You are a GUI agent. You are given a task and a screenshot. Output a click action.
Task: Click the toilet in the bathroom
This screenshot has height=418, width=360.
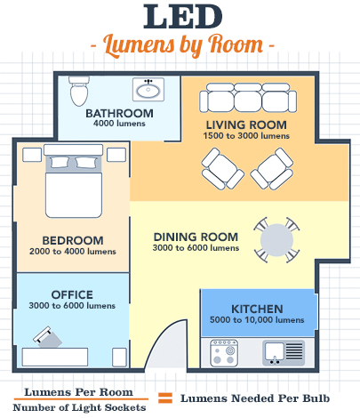79,91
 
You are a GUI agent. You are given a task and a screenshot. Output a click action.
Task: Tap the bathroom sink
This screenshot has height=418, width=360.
148,89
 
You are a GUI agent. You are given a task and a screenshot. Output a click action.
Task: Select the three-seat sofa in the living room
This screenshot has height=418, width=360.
248,98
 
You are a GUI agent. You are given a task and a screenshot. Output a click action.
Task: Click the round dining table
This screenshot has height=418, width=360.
276,240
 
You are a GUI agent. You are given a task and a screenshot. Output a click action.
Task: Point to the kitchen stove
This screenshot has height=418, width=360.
224,353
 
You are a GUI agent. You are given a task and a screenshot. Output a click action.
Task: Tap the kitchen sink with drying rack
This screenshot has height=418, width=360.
284,353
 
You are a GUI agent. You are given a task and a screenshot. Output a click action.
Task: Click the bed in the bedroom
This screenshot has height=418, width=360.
74,181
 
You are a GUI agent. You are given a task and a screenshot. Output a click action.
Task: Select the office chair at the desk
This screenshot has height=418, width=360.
47,337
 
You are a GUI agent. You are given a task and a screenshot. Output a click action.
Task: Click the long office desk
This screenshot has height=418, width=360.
55,357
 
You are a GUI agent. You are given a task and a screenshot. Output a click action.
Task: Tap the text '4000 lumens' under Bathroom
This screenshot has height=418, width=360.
119,124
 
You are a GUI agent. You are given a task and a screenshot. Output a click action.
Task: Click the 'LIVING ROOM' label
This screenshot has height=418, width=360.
246,125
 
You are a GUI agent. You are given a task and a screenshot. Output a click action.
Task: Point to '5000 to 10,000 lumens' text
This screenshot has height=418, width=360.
257,320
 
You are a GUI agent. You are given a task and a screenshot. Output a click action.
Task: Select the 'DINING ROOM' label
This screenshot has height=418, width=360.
196,237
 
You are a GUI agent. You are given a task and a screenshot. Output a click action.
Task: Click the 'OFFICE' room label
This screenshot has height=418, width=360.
72,294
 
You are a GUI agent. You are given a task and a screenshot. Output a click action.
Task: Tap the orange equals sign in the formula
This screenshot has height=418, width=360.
165,398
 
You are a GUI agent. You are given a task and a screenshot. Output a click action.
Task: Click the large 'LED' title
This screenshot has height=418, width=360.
183,17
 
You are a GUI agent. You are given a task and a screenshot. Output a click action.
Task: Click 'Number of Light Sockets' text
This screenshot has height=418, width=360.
79,407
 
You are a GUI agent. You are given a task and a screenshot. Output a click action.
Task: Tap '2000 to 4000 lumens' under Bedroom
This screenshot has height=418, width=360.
73,252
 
